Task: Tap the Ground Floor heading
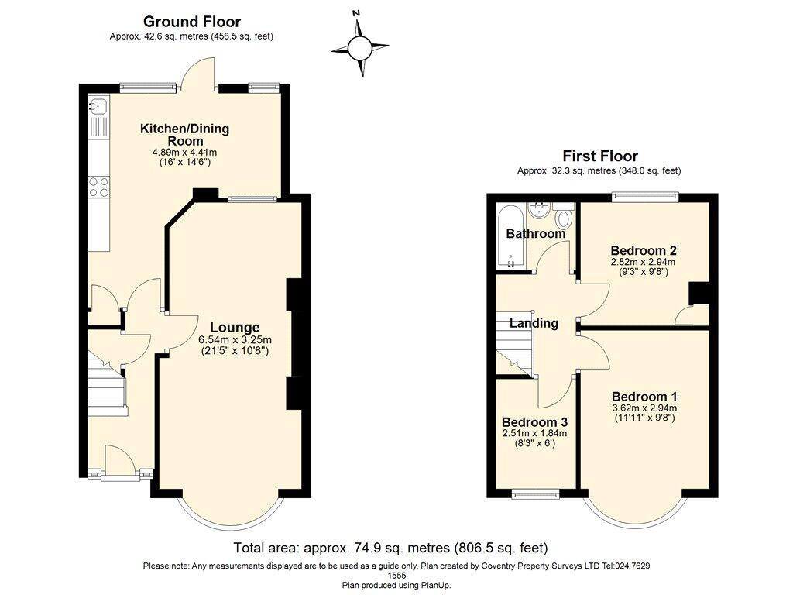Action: click(x=192, y=22)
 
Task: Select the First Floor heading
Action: click(x=600, y=156)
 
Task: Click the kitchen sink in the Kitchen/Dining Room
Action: click(x=98, y=106)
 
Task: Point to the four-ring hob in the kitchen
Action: click(x=98, y=187)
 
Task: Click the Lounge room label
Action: click(x=234, y=327)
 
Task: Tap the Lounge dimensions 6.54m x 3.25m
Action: click(x=235, y=340)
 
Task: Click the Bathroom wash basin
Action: click(x=538, y=209)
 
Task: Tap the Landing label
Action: click(x=534, y=323)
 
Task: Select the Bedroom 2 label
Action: click(x=644, y=250)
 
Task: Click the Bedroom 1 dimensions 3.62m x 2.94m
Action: click(x=644, y=408)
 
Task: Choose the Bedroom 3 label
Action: click(x=534, y=422)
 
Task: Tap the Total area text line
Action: click(x=390, y=548)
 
